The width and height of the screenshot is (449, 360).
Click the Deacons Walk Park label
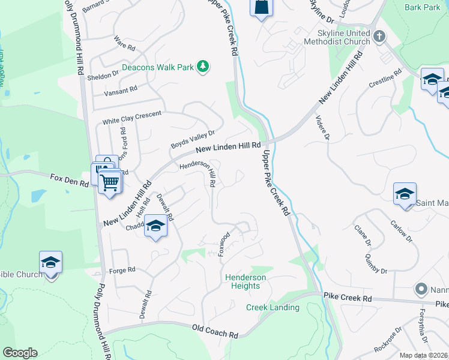158,67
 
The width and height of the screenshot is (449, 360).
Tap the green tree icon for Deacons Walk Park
203,66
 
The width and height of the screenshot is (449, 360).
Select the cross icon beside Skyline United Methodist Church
379,37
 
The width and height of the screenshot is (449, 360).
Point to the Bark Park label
422,7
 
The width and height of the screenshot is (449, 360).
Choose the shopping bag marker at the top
261,8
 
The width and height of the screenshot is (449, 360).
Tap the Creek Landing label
273,307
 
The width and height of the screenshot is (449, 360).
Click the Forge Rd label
122,270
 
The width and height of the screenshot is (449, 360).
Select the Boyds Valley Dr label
193,140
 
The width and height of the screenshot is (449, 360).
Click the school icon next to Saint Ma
405,194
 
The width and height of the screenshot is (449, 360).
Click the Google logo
19,353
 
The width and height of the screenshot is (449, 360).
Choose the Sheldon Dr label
103,76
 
